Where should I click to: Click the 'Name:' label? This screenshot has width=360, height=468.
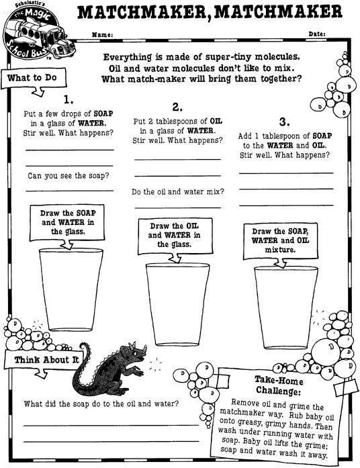coord(102,35)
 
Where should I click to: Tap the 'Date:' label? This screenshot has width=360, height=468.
coord(317,34)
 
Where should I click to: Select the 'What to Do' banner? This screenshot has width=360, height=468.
coord(33,79)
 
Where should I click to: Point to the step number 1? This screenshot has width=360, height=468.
coord(69,99)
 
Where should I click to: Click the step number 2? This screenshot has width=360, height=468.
coord(177,107)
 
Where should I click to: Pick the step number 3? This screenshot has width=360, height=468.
coord(285,122)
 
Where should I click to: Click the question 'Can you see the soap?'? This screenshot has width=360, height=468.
coord(69,175)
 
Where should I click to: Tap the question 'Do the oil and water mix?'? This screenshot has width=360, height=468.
coord(177,191)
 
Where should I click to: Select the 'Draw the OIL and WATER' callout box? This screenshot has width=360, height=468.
coord(175,236)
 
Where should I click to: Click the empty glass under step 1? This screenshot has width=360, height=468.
coord(71,289)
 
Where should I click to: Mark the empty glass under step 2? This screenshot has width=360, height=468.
coord(177,304)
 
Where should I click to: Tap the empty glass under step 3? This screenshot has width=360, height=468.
coord(286,308)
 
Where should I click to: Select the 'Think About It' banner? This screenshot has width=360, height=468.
coord(45,361)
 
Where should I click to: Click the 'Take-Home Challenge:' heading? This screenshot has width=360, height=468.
coord(279,385)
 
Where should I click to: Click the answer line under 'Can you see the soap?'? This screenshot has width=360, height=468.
coord(70,190)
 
